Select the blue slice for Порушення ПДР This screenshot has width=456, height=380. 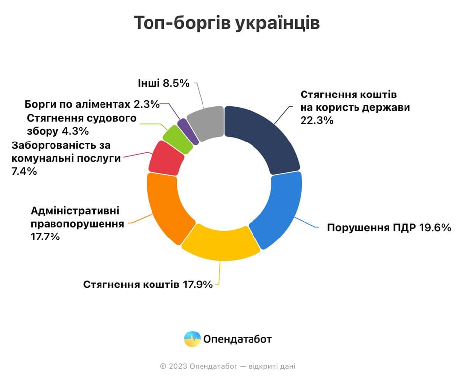[278, 210]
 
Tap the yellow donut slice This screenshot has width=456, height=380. [220, 242]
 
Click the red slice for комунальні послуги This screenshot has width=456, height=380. [165, 158]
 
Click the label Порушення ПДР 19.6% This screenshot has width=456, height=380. [389, 228]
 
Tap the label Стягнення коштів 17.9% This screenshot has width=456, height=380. [148, 285]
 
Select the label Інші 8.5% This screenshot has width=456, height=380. [163, 83]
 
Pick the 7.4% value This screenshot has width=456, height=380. [23, 171]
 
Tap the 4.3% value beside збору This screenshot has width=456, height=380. [75, 131]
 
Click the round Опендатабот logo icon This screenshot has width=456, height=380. [192, 339]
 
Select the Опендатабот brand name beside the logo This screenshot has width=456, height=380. [238, 340]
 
